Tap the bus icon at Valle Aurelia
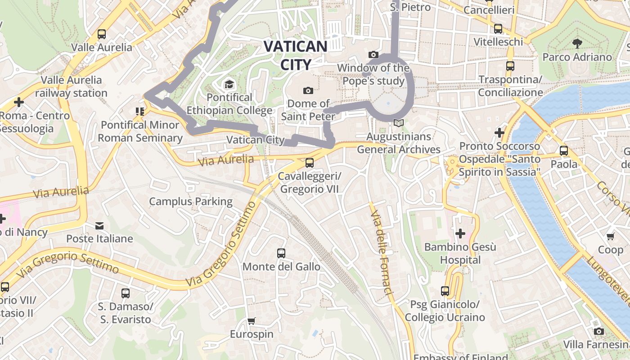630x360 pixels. pos(102,34)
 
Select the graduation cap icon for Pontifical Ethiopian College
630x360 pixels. pos(229,84)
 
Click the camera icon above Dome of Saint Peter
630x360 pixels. pos(308,90)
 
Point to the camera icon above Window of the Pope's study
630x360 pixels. pos(373,54)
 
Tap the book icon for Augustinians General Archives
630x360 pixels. pos(398,123)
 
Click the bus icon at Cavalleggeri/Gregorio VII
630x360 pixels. pos(310,163)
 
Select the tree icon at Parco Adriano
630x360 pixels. pos(577,44)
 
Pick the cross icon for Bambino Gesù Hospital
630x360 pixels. pos(460,234)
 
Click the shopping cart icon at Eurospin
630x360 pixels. pos(252,321)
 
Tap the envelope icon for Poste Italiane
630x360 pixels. pos(99,225)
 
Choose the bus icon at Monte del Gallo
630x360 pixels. pos(281,253)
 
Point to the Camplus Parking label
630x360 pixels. pos(191,201)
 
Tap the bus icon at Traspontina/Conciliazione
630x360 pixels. pos(510,66)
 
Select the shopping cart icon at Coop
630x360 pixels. pos(611,236)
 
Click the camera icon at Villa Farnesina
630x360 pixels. pos(598,332)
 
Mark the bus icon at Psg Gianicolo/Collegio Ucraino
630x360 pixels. pos(445,291)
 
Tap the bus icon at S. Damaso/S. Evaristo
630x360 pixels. pos(126,293)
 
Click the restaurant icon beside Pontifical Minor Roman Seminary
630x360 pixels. pos(139,111)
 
